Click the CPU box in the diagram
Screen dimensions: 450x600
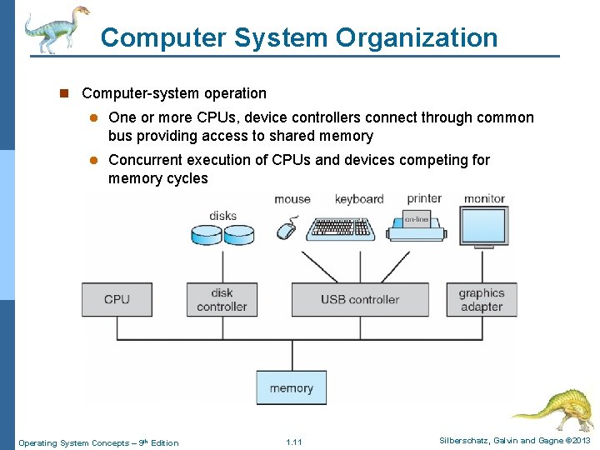(117, 299)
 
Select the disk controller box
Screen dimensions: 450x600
(222, 299)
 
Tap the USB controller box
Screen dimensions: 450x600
(360, 299)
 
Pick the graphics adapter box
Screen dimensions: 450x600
(482, 299)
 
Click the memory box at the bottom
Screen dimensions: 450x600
(291, 388)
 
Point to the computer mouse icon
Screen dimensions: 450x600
(288, 227)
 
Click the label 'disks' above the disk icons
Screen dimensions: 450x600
(222, 215)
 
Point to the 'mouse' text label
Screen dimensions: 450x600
(292, 199)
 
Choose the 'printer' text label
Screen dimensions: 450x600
(424, 198)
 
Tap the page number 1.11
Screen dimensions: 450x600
(293, 442)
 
